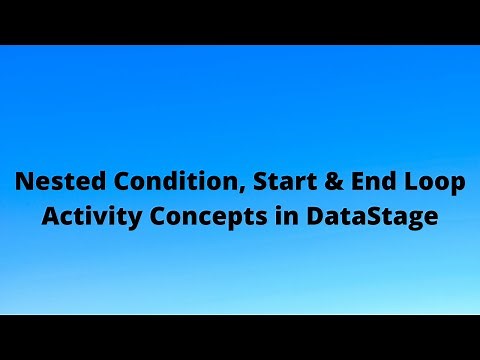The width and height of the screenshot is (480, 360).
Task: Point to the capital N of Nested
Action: point(22,184)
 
